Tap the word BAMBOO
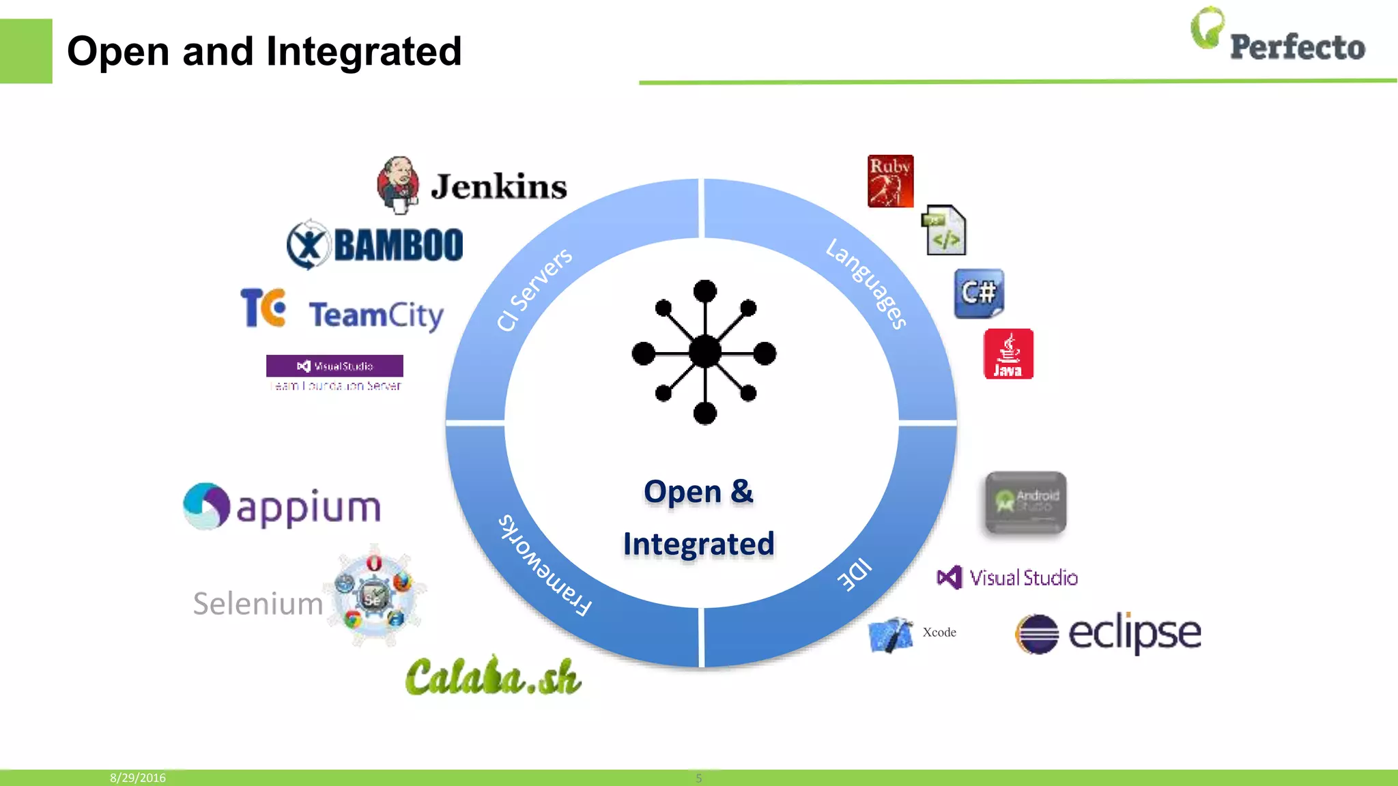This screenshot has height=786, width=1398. pyautogui.click(x=399, y=245)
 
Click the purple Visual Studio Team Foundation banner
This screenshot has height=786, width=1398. pyautogui.click(x=334, y=366)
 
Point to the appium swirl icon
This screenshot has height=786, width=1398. pyautogui.click(x=206, y=506)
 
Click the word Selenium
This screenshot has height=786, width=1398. pyautogui.click(x=258, y=604)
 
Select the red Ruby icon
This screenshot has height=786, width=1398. pyautogui.click(x=890, y=181)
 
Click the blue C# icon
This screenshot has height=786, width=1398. pyautogui.click(x=979, y=293)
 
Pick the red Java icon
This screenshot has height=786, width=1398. pyautogui.click(x=1008, y=354)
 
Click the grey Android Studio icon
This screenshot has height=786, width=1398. pyautogui.click(x=1025, y=503)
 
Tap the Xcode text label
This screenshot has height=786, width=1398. pyautogui.click(x=939, y=632)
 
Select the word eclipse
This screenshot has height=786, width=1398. pyautogui.click(x=1134, y=633)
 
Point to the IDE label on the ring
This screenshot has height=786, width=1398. pyautogui.click(x=855, y=574)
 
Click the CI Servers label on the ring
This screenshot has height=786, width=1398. pyautogui.click(x=534, y=289)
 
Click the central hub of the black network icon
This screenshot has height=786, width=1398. pyautogui.click(x=704, y=353)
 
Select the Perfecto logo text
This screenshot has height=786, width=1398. pyautogui.click(x=1297, y=47)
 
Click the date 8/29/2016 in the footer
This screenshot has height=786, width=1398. pyautogui.click(x=138, y=778)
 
